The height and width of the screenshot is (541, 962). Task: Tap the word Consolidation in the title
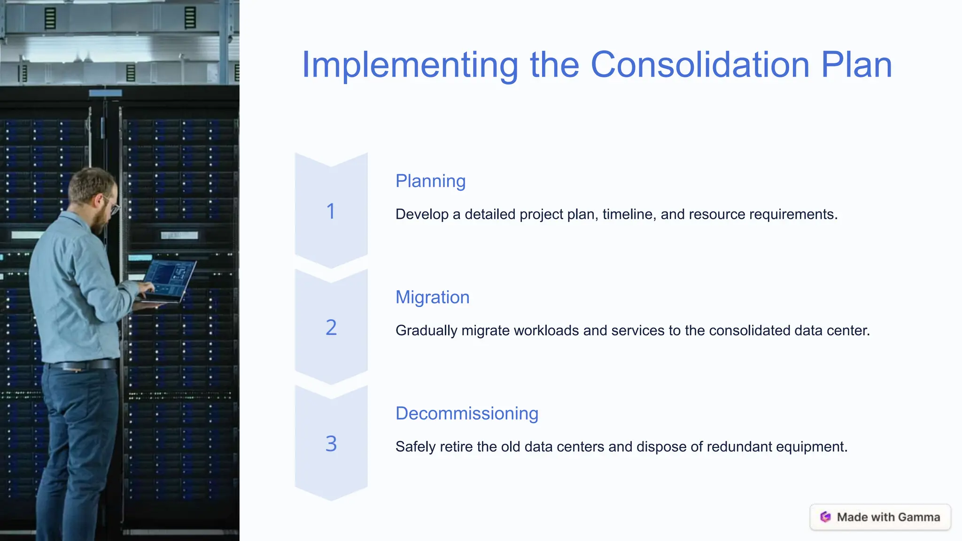[700, 65]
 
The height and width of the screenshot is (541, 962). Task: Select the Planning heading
[430, 181]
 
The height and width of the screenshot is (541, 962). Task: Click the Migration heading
[432, 297]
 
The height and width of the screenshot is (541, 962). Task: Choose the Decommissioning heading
[466, 413]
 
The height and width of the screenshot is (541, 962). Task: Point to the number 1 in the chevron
[331, 211]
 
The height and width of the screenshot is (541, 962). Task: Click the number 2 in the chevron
[331, 327]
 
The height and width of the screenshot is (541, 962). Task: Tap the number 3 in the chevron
[331, 444]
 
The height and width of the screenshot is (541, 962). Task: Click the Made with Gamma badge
[880, 517]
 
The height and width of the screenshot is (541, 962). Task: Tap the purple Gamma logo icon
[825, 517]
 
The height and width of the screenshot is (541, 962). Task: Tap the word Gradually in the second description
[426, 331]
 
